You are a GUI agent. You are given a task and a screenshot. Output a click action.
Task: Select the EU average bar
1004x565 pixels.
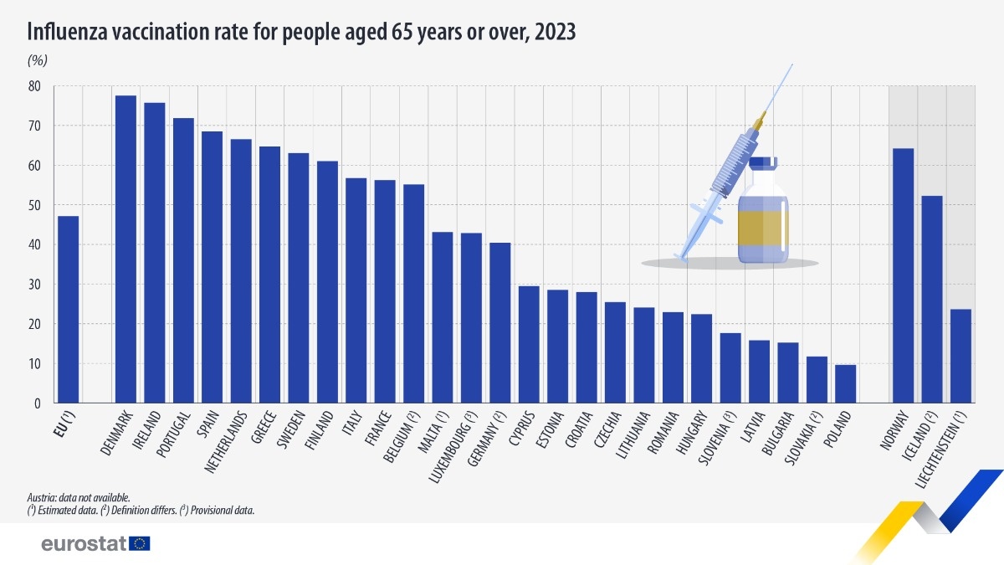68,310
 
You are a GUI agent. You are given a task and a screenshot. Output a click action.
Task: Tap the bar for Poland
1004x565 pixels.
846,384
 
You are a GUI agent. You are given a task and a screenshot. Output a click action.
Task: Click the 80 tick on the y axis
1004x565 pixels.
34,86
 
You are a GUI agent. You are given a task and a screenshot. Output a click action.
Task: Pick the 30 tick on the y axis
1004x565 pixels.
34,285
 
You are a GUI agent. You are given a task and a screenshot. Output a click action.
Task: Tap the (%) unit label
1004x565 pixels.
37,60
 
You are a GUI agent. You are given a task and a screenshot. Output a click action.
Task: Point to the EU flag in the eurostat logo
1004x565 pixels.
140,543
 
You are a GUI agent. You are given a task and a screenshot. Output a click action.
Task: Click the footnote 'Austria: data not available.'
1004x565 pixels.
77,497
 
